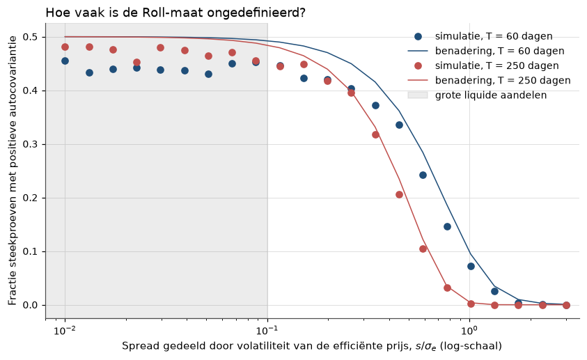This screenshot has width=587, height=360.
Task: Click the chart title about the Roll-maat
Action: coord(175,13)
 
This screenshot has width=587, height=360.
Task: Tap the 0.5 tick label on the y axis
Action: coord(31,37)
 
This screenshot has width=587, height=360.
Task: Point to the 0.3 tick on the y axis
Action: coord(31,144)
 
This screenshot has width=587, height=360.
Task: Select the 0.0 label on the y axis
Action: coord(31,305)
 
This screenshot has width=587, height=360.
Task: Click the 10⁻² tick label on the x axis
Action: coord(65,331)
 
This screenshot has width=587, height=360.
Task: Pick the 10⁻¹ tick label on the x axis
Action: coord(267,331)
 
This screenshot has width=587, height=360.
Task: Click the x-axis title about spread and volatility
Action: coord(312,346)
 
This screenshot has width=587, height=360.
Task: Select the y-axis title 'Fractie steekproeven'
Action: coord(13,171)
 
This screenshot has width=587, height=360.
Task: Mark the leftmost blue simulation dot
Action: coord(65,61)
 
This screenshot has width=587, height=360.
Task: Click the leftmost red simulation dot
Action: coord(65,47)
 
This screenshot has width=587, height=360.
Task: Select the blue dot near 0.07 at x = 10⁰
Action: coord(471,267)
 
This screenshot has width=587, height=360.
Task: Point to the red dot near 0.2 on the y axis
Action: coord(399,194)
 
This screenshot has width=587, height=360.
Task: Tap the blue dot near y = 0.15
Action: coord(447,227)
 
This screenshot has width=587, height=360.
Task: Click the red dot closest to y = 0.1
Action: coord(423,249)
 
